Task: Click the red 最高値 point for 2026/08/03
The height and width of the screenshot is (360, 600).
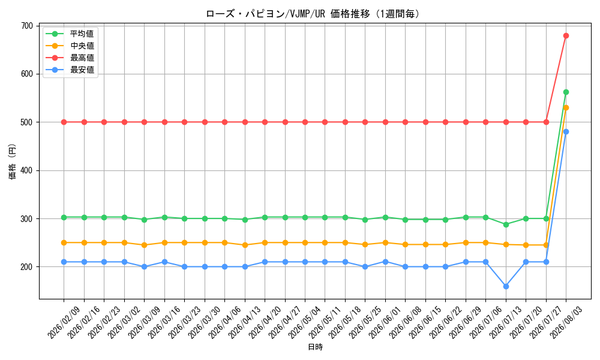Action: pyautogui.click(x=566, y=35)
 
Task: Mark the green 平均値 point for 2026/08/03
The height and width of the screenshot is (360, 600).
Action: pyautogui.click(x=566, y=92)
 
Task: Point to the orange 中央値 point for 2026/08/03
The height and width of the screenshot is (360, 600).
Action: pyautogui.click(x=566, y=108)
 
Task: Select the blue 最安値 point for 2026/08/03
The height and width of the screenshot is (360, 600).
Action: pyautogui.click(x=566, y=132)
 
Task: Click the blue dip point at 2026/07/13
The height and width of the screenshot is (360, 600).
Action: pyautogui.click(x=506, y=286)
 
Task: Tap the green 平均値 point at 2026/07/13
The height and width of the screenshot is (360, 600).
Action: pyautogui.click(x=506, y=224)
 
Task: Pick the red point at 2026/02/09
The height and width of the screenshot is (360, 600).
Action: pyautogui.click(x=64, y=122)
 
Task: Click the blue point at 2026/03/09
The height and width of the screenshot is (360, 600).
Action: pyautogui.click(x=144, y=266)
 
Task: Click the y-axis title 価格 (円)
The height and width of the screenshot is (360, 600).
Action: pyautogui.click(x=13, y=162)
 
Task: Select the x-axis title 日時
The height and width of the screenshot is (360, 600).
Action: pyautogui.click(x=316, y=347)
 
